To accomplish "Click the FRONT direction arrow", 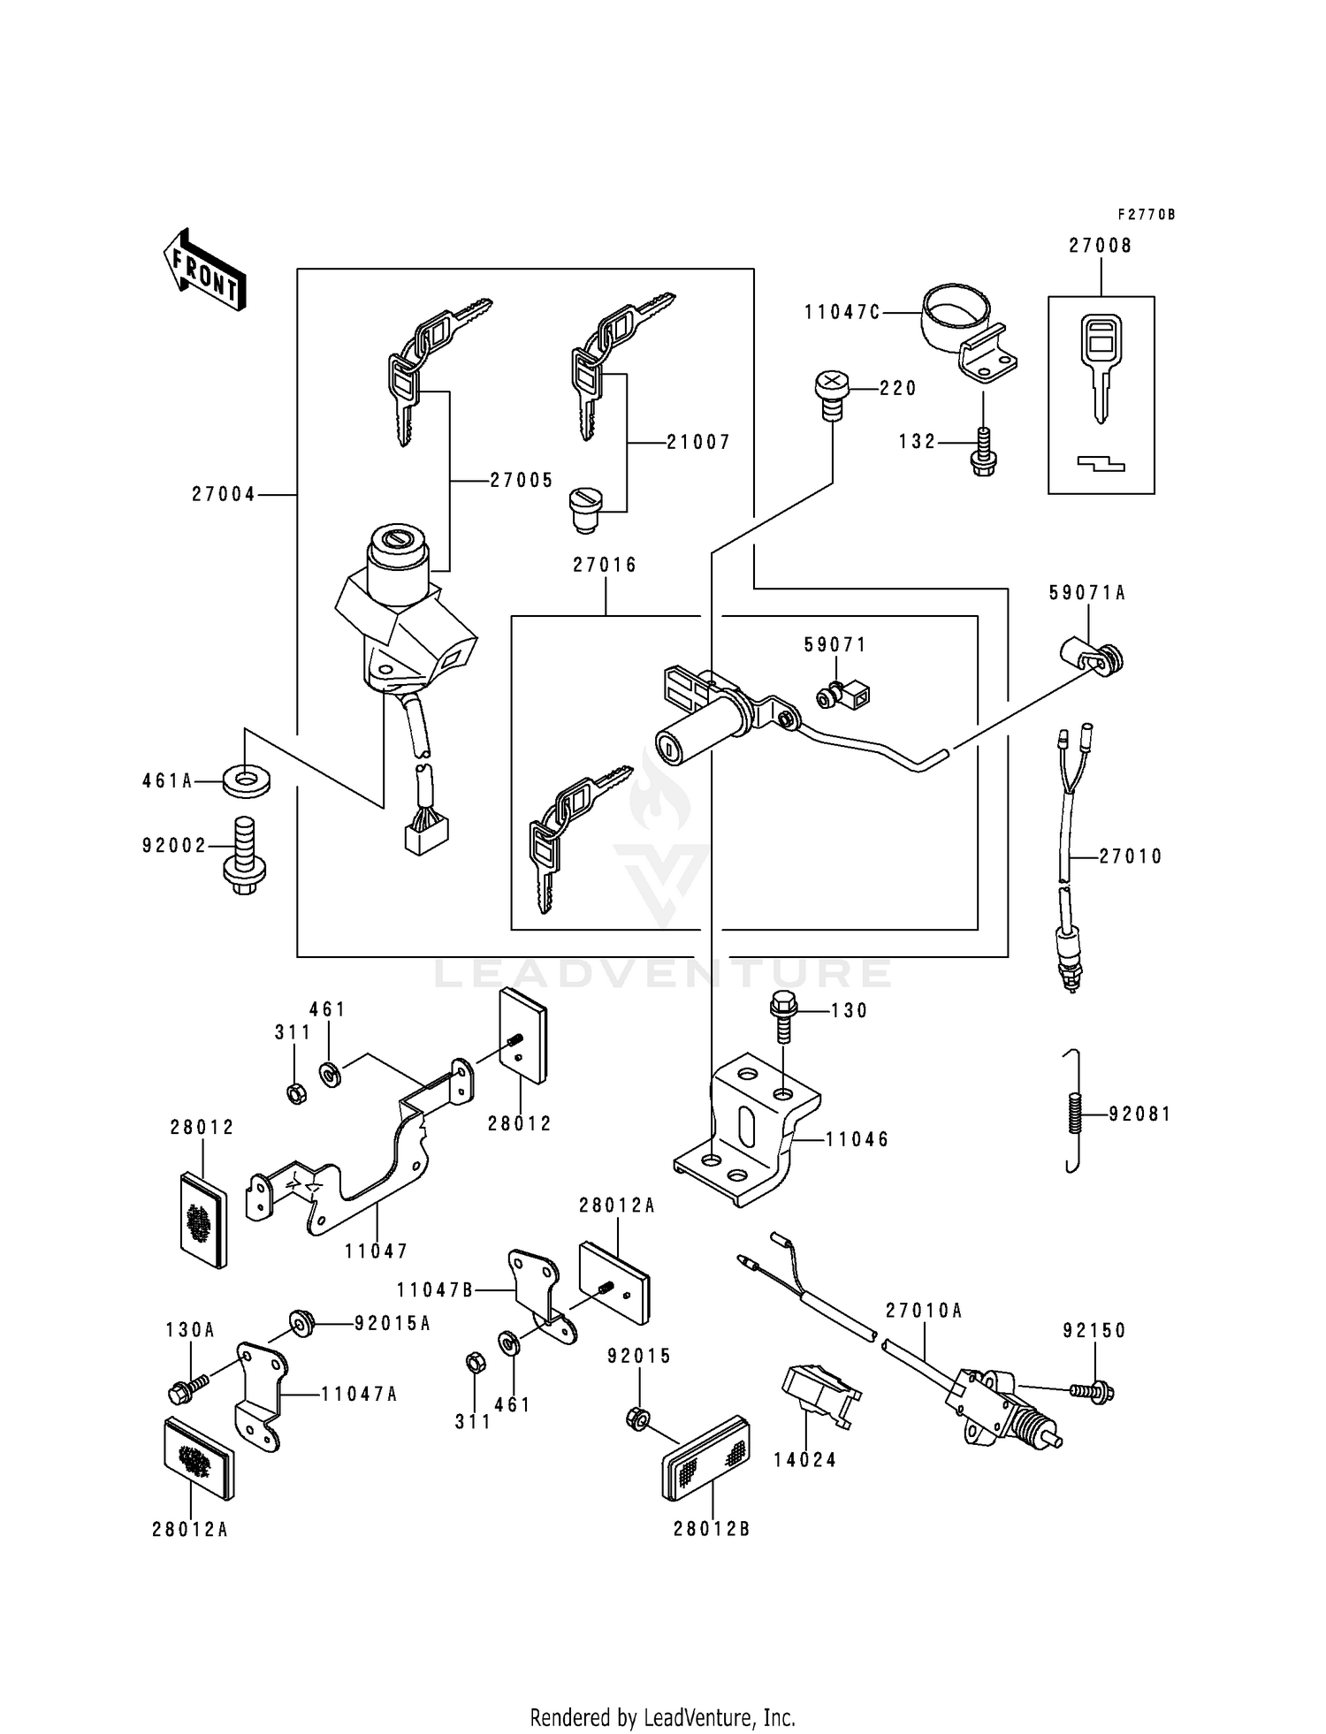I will click(204, 270).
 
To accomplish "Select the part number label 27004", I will click(224, 495).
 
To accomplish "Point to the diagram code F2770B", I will click(1146, 215).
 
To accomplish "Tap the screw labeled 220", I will click(830, 395).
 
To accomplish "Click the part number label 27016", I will click(605, 565).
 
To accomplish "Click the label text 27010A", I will click(923, 1311).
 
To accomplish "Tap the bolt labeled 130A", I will click(187, 1389).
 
